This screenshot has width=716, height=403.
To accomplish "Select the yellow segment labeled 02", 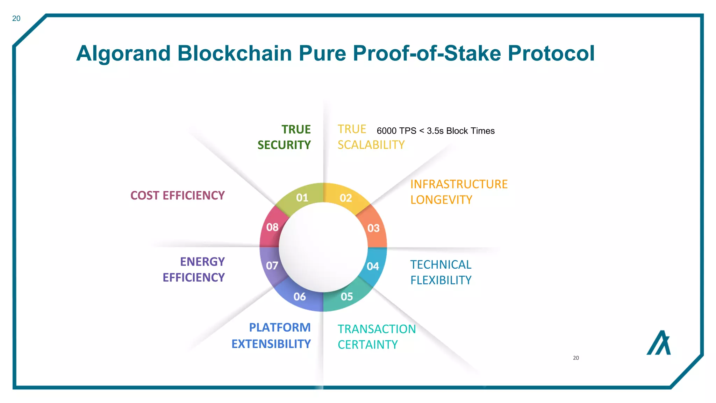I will [x=346, y=198].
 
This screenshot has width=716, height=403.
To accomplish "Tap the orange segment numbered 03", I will [x=373, y=228].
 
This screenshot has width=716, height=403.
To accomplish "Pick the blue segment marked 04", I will [x=373, y=266].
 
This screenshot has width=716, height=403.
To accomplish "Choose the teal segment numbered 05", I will [x=347, y=297].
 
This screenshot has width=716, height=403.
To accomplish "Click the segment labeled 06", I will [x=300, y=297].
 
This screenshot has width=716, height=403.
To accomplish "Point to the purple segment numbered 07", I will [x=272, y=266].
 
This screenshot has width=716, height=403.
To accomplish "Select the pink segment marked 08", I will [x=272, y=227].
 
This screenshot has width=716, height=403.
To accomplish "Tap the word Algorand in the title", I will [x=123, y=53].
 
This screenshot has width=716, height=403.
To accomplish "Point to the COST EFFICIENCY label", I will [x=177, y=195].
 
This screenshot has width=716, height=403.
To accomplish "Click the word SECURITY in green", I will [x=284, y=145].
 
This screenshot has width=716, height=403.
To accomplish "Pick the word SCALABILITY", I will [x=371, y=145].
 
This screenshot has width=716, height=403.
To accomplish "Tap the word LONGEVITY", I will [x=441, y=200].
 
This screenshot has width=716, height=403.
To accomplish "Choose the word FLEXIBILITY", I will [x=441, y=280].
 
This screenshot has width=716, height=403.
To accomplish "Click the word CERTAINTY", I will [x=368, y=345].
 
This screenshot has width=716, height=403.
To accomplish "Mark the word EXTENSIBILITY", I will [x=271, y=344].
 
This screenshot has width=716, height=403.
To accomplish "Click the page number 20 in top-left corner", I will [x=16, y=19].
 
